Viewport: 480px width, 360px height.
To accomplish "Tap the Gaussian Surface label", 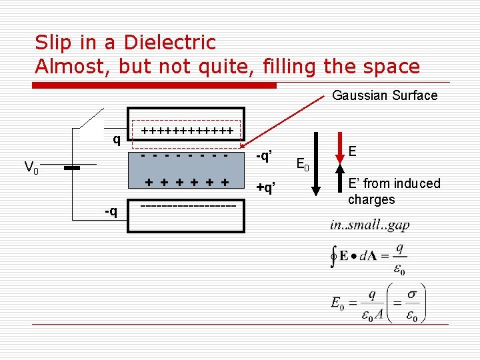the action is [x=385, y=95].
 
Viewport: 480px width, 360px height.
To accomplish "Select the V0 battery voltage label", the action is [x=31, y=167].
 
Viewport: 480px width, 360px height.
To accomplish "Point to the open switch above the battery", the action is [x=91, y=119].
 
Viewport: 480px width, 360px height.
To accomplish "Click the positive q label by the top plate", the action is [x=116, y=139].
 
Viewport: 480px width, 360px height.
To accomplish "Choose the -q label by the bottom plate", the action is [x=111, y=211].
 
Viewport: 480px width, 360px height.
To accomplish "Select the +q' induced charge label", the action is [x=266, y=188].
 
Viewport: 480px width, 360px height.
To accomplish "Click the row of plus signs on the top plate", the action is [x=187, y=131].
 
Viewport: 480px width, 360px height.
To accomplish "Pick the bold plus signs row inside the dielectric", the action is [x=187, y=182].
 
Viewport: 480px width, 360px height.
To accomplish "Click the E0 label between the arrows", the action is [x=301, y=161].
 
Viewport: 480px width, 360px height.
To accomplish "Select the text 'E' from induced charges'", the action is [x=393, y=191].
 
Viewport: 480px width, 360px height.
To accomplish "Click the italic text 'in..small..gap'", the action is [x=369, y=225].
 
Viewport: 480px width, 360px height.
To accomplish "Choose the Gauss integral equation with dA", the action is [x=367, y=257].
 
